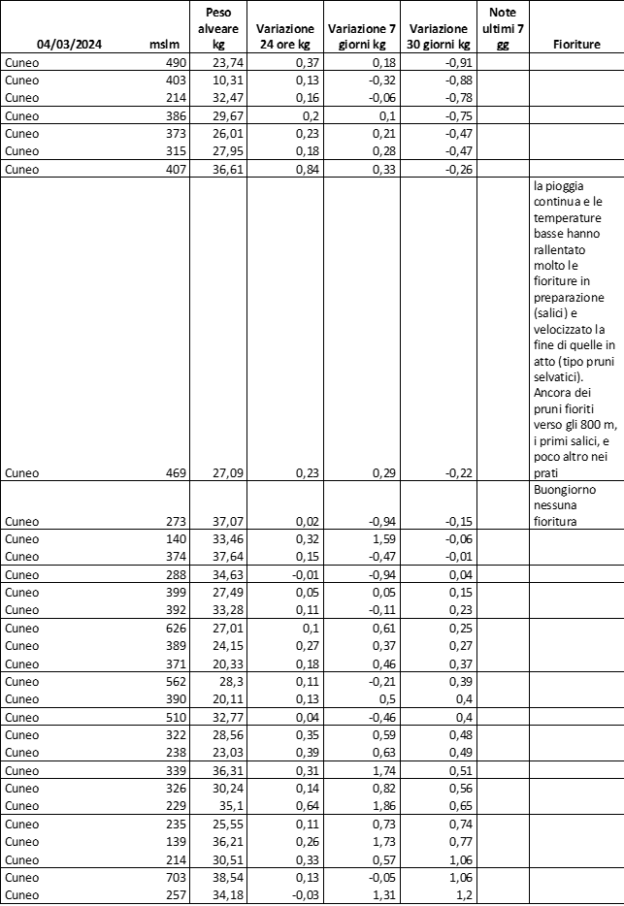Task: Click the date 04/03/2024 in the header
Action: tap(70, 44)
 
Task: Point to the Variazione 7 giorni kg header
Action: tap(363, 36)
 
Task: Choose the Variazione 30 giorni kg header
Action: tap(441, 36)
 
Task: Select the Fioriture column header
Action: tap(576, 44)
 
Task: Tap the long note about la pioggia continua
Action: tap(575, 328)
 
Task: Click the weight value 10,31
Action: tap(227, 79)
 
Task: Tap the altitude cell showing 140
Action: tap(176, 538)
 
